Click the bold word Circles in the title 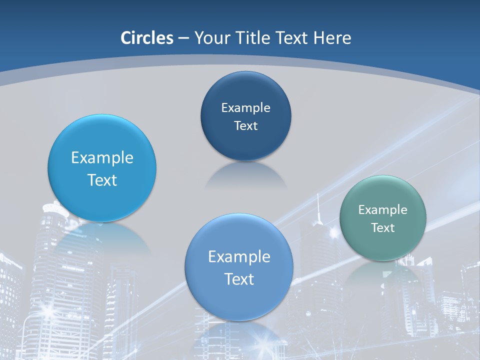(147, 38)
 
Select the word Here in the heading (332, 38)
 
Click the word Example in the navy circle (245, 108)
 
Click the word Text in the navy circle (245, 126)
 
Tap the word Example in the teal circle (382, 210)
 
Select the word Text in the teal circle (382, 228)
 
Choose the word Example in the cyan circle (102, 158)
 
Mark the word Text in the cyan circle (102, 180)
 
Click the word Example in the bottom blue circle (239, 257)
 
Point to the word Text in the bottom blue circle (239, 279)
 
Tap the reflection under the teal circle (382, 272)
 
